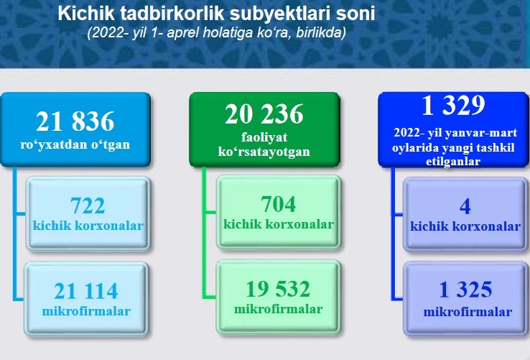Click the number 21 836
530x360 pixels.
[x=75, y=121]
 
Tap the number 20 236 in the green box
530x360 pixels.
[x=264, y=114]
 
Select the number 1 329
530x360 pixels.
[x=454, y=105]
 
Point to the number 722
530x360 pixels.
[x=88, y=206]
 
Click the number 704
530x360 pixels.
[x=278, y=204]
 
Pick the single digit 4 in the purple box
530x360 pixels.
[x=465, y=206]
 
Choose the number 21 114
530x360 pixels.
[x=86, y=291]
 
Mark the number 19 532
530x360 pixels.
[x=278, y=289]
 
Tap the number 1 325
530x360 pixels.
[x=465, y=290]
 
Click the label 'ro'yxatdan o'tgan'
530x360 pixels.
[x=75, y=144]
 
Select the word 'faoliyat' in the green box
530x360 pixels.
[x=264, y=137]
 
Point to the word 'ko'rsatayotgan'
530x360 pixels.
[x=264, y=151]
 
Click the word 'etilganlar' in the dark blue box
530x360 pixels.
[x=453, y=161]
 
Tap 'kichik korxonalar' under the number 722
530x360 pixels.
[x=88, y=226]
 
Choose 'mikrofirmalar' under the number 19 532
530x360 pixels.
[x=278, y=309]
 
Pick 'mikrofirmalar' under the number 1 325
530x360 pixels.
[x=468, y=312]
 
